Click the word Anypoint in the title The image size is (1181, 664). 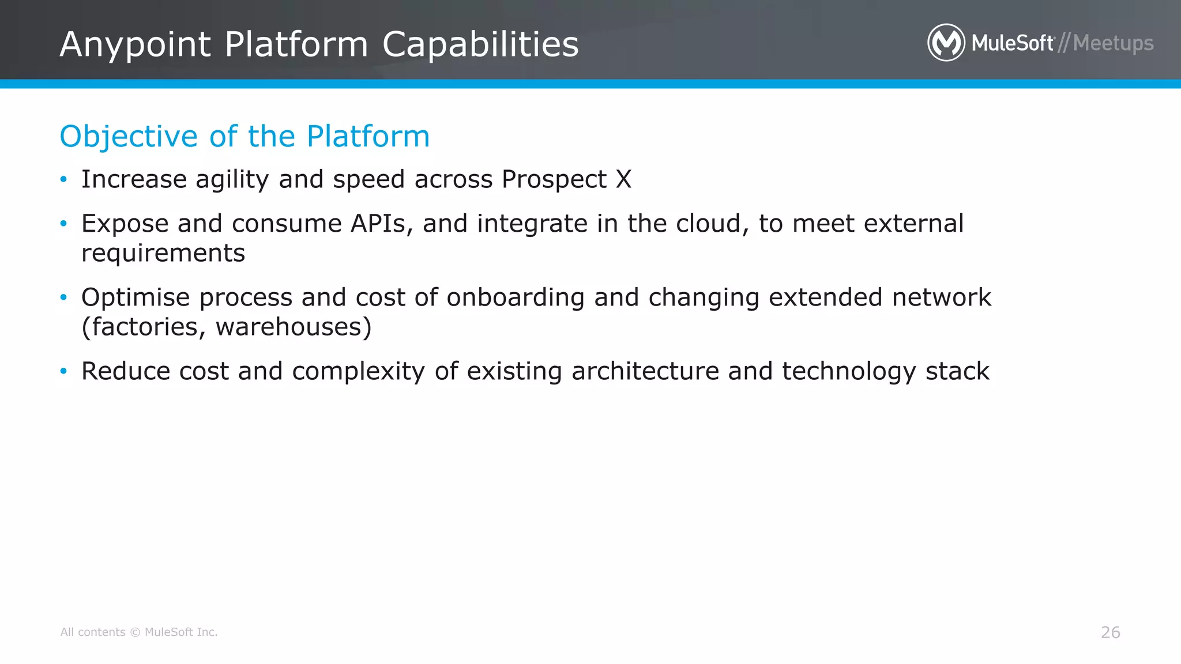136,44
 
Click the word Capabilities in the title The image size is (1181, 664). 480,44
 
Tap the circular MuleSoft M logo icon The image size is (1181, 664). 946,43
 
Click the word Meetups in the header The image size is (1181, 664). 1113,43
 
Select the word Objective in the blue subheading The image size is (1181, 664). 129,137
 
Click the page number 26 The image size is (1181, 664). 1110,632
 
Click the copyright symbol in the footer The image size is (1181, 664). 135,632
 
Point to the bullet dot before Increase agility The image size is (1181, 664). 64,179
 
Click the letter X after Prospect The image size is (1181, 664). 623,179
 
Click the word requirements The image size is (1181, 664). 163,253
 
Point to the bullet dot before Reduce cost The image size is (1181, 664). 64,371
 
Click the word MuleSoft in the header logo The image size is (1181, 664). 1012,43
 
